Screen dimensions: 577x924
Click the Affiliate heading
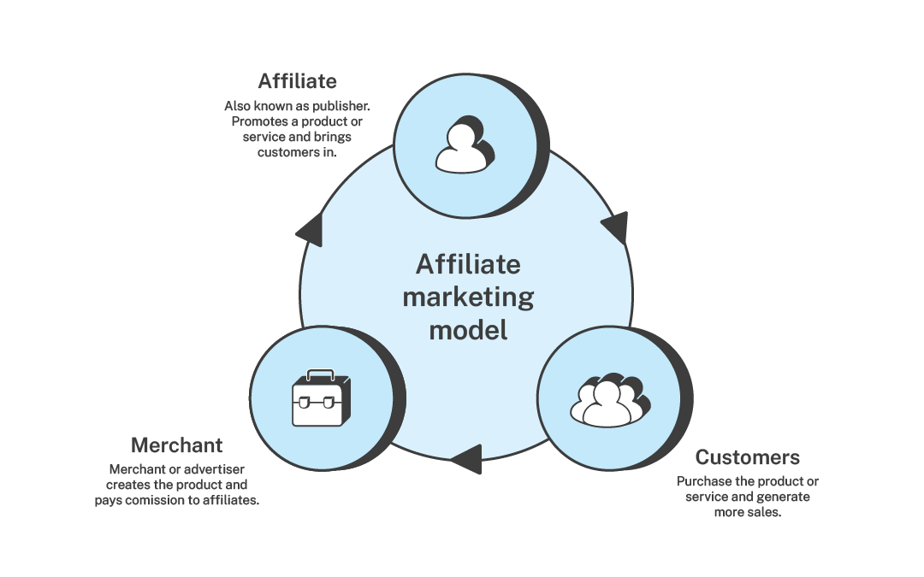(297, 81)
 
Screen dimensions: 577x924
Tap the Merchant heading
(176, 445)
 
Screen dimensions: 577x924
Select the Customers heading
(747, 456)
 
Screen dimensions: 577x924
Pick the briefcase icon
(321, 399)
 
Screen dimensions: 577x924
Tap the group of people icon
(608, 400)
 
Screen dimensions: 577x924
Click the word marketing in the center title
(467, 297)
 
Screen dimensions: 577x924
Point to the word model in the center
(467, 329)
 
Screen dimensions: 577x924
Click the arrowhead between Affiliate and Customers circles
(615, 227)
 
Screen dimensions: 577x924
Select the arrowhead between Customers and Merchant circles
(466, 458)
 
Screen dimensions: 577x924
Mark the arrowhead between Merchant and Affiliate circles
(310, 229)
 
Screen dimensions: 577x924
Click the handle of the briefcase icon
(321, 374)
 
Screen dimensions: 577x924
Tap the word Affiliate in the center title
(467, 265)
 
